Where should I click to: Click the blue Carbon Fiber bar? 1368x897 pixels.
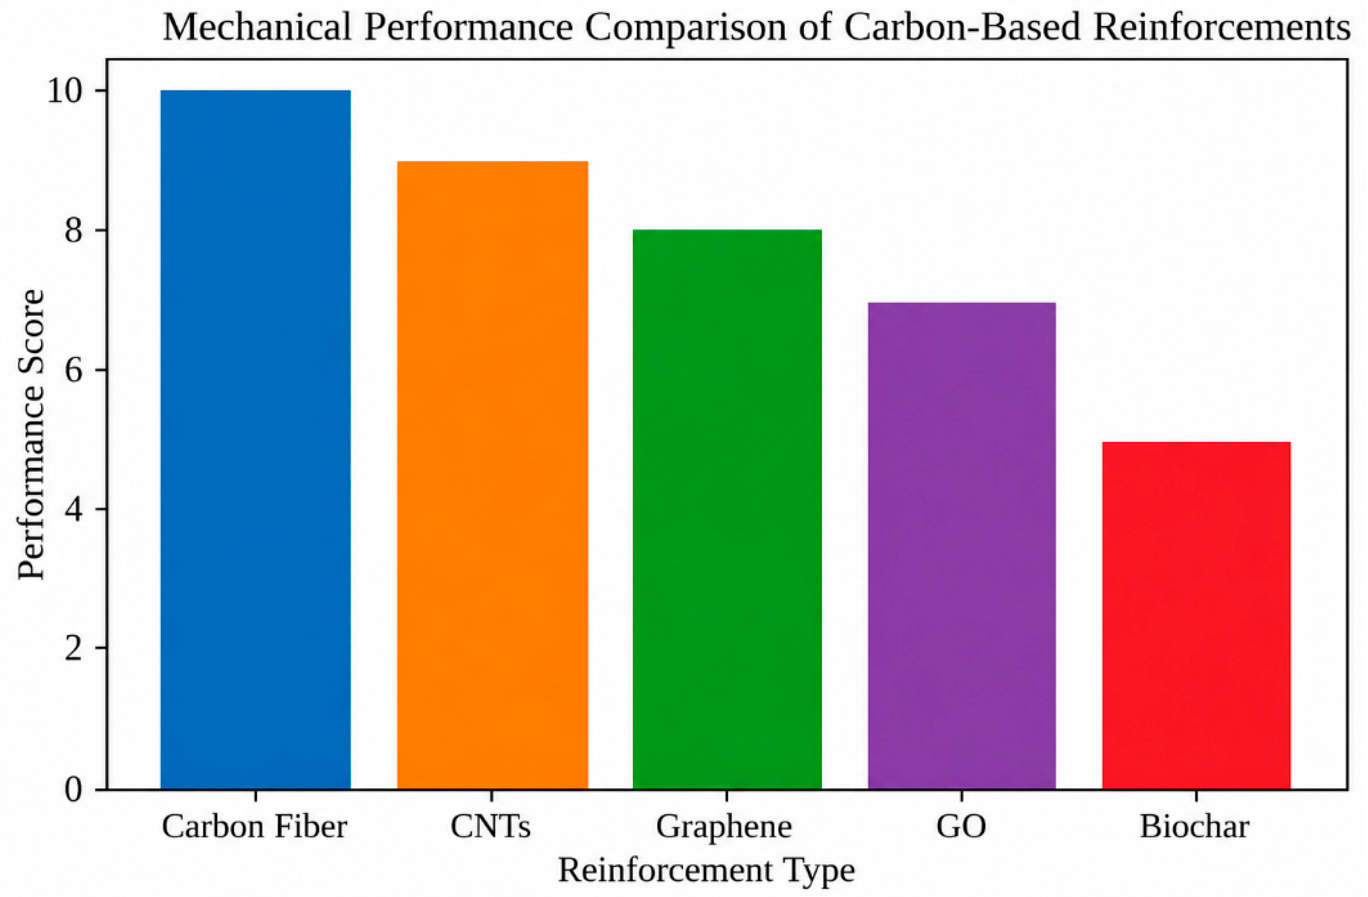[256, 440]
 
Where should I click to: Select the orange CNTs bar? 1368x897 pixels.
[493, 475]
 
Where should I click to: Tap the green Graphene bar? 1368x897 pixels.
[727, 509]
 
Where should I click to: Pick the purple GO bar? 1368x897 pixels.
[961, 545]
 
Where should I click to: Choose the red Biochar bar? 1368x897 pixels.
[1197, 615]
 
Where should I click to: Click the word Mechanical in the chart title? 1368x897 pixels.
[258, 27]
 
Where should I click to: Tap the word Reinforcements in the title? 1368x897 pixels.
[1222, 27]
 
